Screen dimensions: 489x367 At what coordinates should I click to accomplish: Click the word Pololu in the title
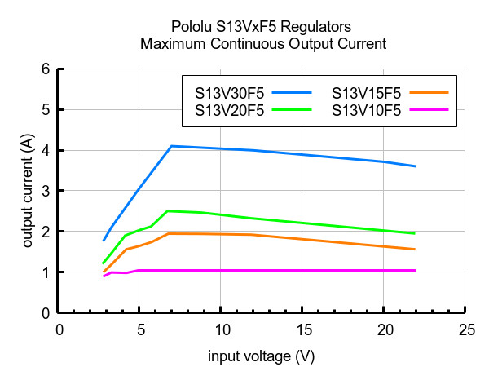click(192, 27)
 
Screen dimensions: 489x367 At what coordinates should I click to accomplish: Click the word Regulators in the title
click(315, 27)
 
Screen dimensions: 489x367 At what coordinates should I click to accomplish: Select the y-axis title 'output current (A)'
click(28, 191)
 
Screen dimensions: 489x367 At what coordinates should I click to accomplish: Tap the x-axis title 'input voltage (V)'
click(262, 356)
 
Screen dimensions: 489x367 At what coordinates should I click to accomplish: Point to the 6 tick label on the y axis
click(46, 69)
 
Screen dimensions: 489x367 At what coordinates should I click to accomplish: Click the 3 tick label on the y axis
click(46, 191)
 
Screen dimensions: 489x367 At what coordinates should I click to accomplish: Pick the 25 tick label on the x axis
click(467, 329)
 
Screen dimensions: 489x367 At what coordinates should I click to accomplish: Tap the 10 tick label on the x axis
click(222, 329)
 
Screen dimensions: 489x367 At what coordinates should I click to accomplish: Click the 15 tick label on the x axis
click(304, 329)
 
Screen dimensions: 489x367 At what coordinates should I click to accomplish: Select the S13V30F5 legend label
click(230, 93)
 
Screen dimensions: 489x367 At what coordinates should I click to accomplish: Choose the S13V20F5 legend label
click(230, 110)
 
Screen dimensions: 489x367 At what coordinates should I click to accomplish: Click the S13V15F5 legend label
click(367, 93)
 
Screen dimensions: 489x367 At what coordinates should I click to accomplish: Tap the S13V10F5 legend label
click(367, 110)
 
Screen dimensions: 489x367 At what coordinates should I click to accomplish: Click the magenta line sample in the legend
click(430, 110)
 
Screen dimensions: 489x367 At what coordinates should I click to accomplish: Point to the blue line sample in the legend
click(292, 92)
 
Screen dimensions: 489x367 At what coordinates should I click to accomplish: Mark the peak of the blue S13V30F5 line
click(171, 146)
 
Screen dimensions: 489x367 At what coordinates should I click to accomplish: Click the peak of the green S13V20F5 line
click(168, 211)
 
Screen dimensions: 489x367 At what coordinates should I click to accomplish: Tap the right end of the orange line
click(415, 249)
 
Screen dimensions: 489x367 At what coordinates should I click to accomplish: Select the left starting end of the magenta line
click(104, 276)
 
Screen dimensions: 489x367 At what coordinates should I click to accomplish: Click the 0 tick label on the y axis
click(46, 313)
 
